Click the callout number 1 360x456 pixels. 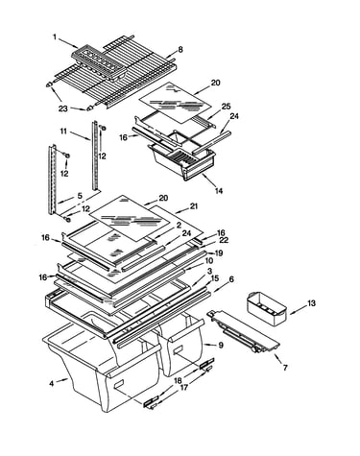55,37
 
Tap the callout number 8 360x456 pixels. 180,50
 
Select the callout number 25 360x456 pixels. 226,106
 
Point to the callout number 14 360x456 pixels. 219,191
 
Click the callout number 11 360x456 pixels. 63,132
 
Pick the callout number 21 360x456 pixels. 194,206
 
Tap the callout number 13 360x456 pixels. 311,302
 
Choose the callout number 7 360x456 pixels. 284,368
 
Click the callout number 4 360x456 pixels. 52,383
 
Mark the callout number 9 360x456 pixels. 221,346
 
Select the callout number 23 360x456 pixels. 63,108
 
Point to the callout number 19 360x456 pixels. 219,253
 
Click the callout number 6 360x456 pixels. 231,279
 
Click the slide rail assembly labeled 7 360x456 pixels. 245,332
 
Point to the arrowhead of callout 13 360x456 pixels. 291,314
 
